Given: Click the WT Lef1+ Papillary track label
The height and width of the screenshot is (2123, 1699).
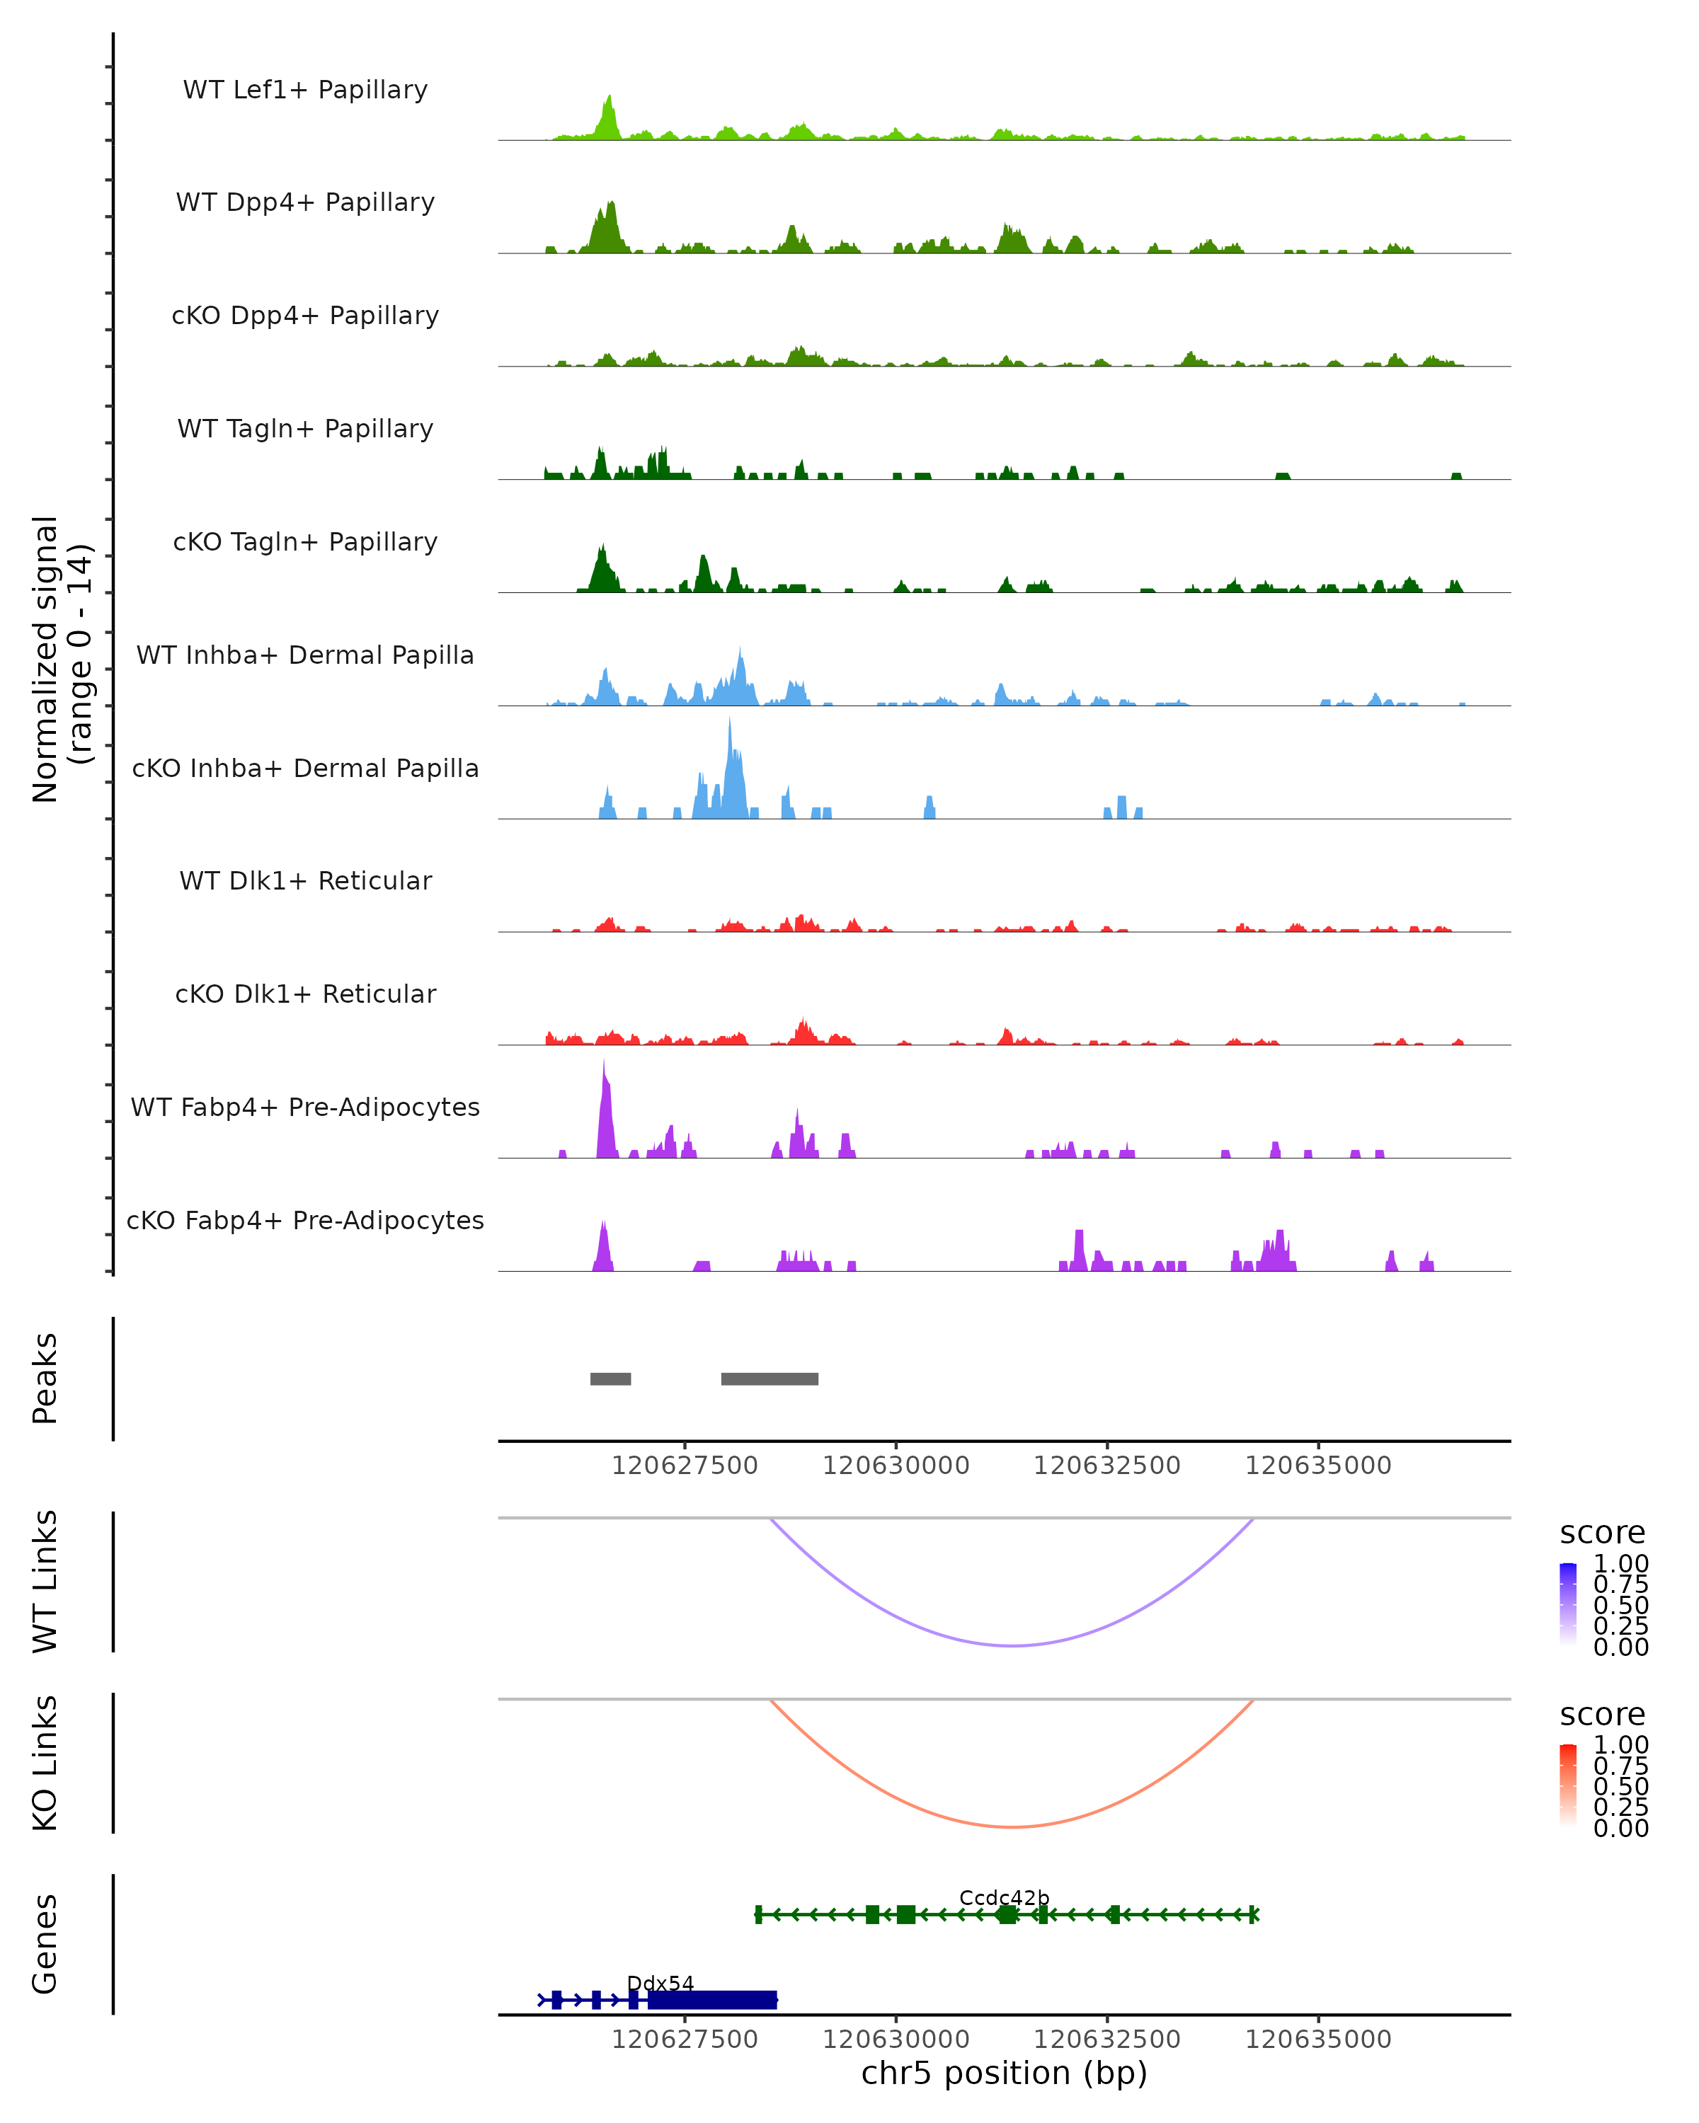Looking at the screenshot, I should coord(305,91).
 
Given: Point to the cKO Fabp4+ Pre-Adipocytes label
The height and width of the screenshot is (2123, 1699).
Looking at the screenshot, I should coord(305,1221).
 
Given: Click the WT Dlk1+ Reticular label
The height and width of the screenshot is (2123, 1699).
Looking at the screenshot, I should coord(305,881).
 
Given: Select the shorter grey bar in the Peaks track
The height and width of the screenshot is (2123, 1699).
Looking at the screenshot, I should coord(611,1379).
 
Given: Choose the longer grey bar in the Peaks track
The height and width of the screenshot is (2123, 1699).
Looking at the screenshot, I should coord(770,1379).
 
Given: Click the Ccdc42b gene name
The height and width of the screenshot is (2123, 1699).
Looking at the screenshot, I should coord(1004,1897).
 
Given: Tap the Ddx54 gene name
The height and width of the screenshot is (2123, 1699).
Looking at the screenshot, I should coord(660,1983).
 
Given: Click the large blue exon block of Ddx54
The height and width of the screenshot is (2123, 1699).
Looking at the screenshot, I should coord(711,1999).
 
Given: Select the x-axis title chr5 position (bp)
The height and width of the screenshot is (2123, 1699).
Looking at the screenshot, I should coord(1004,2073).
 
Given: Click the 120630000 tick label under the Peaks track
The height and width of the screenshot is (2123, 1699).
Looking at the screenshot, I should coord(896,1466).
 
